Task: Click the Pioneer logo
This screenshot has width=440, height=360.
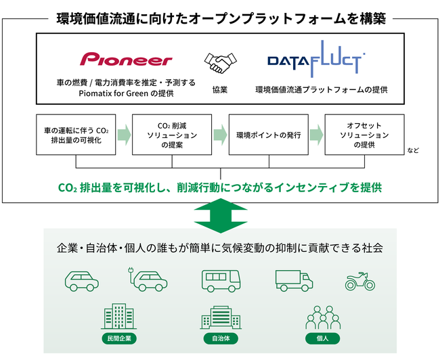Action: tap(126, 60)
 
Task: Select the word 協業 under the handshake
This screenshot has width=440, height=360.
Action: tap(219, 89)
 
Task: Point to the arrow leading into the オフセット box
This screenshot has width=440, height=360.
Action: tap(316, 135)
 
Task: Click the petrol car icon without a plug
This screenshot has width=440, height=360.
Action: tap(82, 280)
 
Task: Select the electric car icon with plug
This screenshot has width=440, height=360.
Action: tap(146, 279)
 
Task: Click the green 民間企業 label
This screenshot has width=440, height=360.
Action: tap(118, 338)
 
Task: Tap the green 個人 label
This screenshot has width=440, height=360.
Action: tap(322, 338)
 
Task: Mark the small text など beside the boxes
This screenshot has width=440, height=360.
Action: tap(413, 150)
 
